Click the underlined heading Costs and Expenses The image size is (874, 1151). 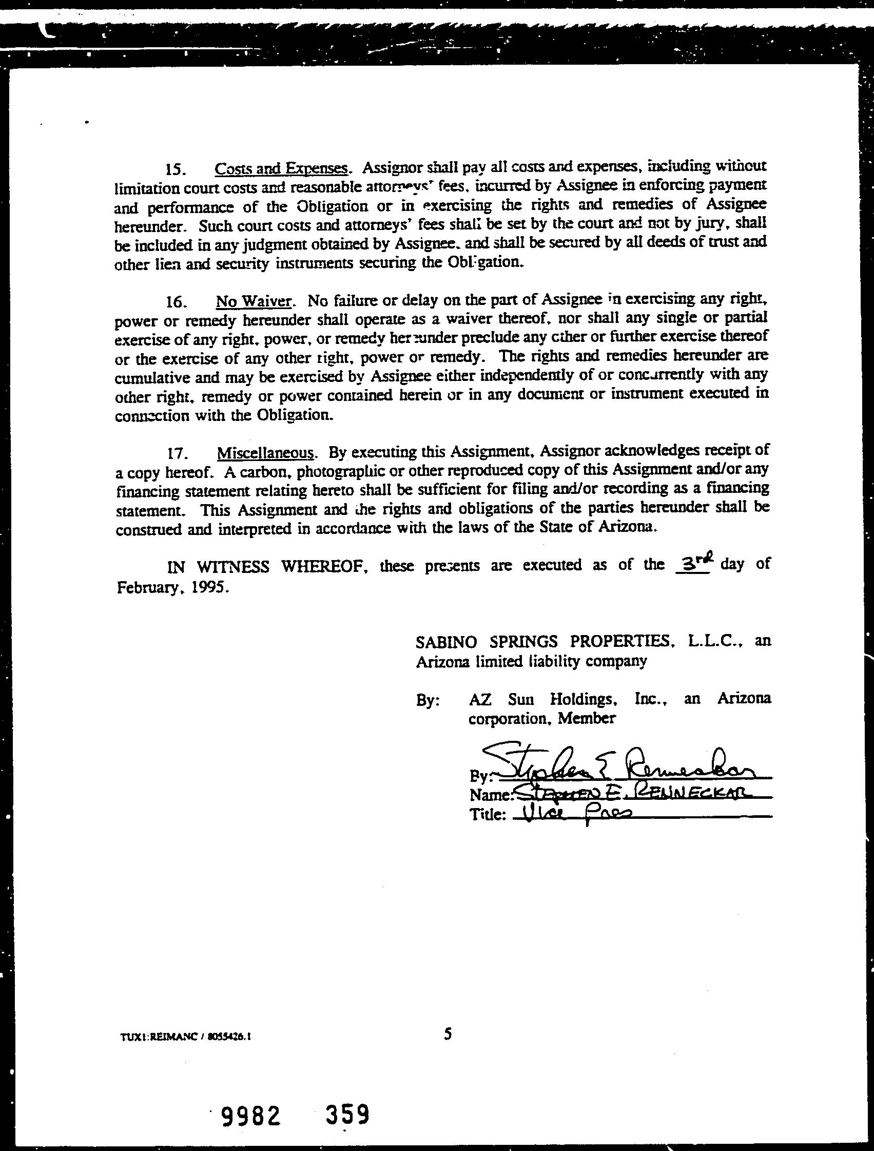point(281,168)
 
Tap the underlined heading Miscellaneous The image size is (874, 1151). point(265,452)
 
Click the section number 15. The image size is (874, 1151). point(174,169)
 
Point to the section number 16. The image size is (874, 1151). point(174,302)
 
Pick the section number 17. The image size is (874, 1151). point(176,453)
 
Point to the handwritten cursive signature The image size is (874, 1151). point(619,762)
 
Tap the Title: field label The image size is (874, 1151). point(488,815)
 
